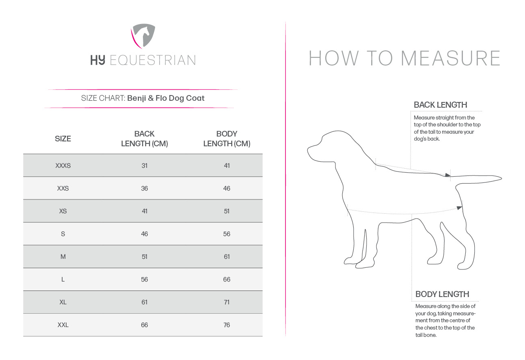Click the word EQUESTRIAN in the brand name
(x=153, y=61)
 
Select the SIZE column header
(x=63, y=139)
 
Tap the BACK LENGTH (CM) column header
(x=145, y=139)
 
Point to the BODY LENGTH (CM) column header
(x=227, y=139)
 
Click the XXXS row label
(x=63, y=166)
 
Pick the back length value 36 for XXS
(x=145, y=189)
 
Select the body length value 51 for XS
(x=227, y=211)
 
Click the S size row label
(x=63, y=234)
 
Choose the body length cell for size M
(x=227, y=257)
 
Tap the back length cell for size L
(x=145, y=280)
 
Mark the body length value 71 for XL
(x=227, y=302)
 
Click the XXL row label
(x=63, y=325)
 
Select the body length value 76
(x=227, y=325)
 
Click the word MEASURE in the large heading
(x=450, y=58)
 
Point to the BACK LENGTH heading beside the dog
(x=440, y=105)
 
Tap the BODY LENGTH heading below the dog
(x=442, y=294)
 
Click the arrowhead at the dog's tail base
(x=447, y=175)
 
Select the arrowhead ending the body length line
(x=459, y=208)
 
